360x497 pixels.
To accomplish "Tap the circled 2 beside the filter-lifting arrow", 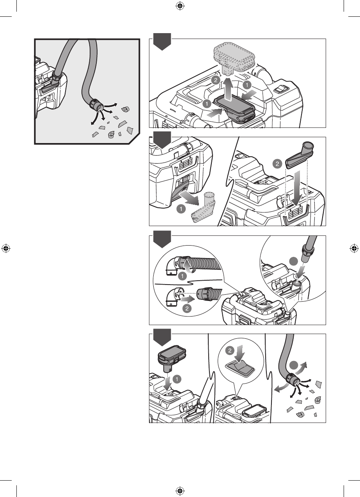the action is point(216,80).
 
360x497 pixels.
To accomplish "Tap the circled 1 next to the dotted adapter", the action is point(181,209).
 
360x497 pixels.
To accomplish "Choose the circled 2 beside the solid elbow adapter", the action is point(277,164).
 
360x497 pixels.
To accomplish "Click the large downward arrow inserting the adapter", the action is point(296,189).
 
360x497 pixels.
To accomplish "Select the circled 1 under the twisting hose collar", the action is point(183,276).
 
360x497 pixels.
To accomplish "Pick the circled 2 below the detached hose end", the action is point(187,309).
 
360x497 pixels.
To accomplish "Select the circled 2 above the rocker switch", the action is point(230,350).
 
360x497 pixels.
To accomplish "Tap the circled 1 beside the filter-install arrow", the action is point(177,379).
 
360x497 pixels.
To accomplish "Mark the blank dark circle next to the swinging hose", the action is point(294,365).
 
